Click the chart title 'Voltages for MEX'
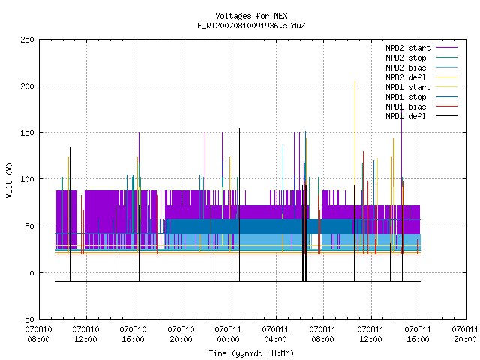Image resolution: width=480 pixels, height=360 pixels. (x=251, y=16)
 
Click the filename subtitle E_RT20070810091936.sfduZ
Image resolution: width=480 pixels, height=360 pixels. (x=251, y=25)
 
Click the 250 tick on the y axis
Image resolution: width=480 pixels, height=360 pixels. (x=27, y=40)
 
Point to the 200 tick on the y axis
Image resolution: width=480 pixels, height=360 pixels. (x=27, y=86)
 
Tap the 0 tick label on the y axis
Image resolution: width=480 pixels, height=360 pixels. (x=31, y=273)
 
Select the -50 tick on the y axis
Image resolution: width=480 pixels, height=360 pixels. (x=27, y=319)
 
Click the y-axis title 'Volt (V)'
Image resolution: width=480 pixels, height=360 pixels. (x=10, y=180)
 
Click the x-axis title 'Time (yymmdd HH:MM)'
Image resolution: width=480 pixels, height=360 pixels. (x=251, y=353)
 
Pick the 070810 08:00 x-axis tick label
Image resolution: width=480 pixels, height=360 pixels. (x=38, y=334)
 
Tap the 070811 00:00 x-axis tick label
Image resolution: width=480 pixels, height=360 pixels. (x=228, y=334)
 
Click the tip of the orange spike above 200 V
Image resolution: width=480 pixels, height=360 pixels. (x=355, y=82)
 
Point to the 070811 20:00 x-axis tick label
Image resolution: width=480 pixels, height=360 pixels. (x=465, y=334)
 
